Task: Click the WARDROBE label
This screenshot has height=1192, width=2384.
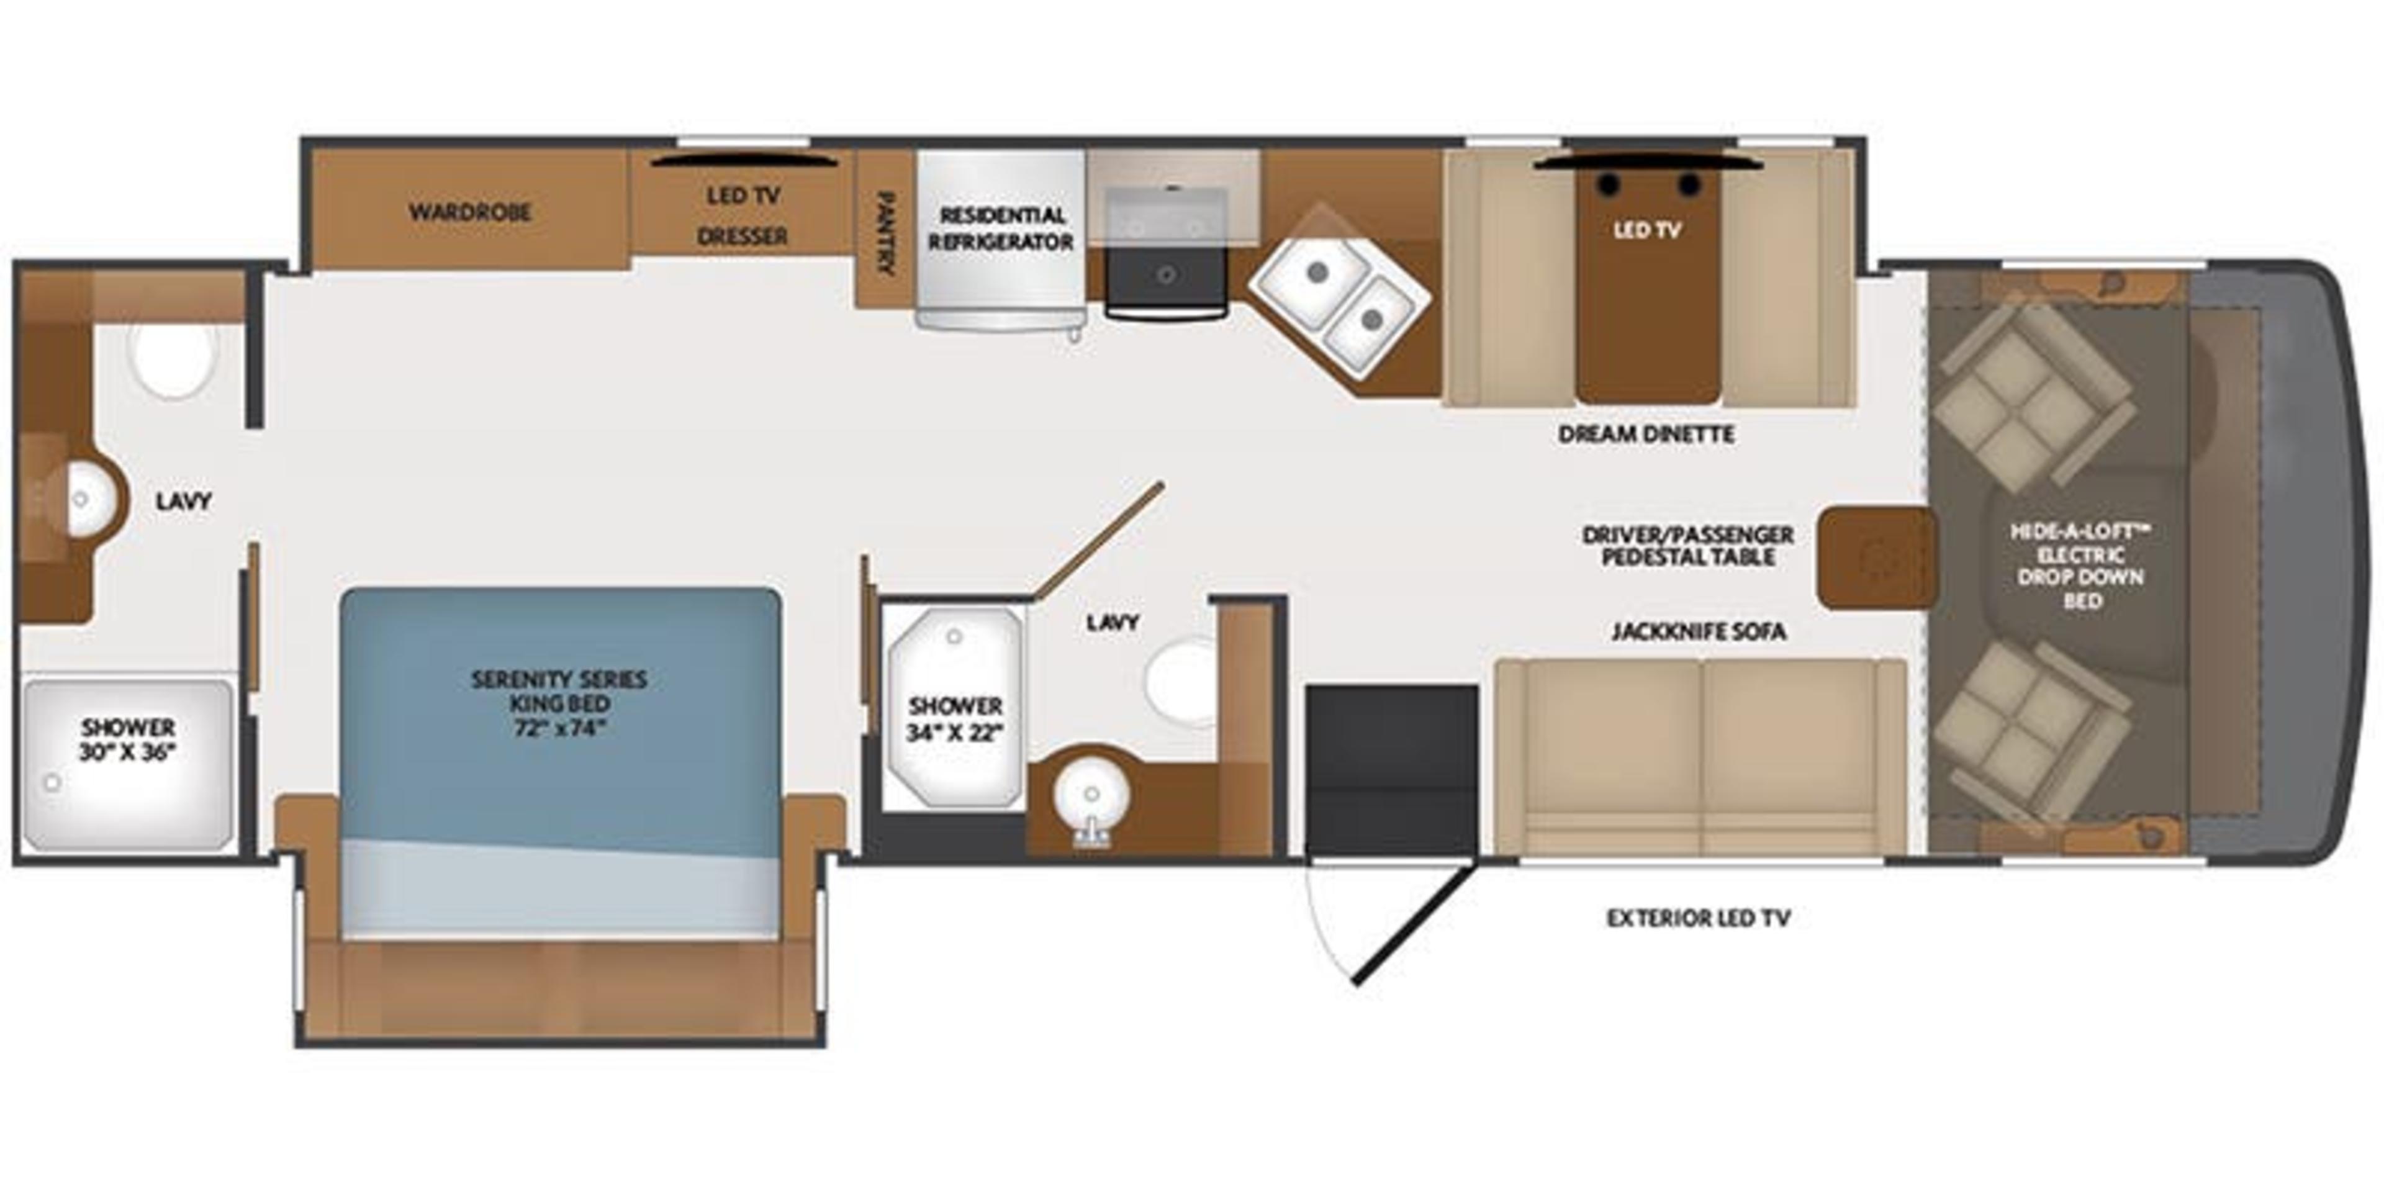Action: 470,212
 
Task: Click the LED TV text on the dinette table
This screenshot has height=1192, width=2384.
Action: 1646,230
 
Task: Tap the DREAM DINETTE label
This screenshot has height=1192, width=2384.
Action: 1645,434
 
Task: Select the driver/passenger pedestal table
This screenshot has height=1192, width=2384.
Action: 1876,558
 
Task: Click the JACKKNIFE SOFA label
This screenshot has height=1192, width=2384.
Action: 1698,632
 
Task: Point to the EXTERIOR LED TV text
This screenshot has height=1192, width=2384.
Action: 1698,918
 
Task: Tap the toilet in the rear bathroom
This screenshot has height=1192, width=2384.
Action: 173,359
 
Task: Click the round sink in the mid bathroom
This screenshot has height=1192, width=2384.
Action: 1092,794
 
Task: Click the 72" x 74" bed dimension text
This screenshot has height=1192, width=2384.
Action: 559,728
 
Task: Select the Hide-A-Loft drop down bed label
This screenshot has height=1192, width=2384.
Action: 2080,566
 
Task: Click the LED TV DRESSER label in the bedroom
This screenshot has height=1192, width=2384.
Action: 743,215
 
